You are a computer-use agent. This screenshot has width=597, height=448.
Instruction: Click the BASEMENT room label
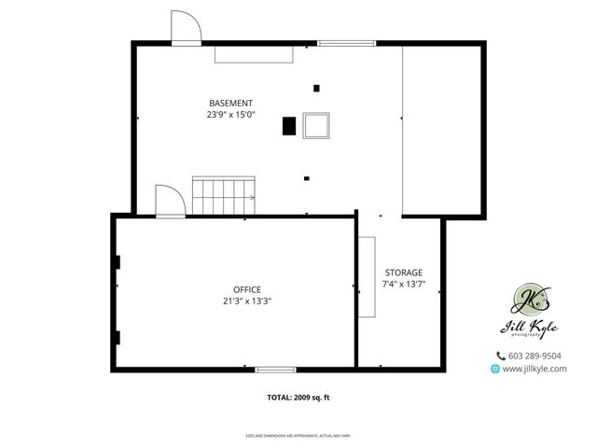coord(229,103)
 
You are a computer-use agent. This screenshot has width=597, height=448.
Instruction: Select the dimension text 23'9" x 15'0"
coord(230,115)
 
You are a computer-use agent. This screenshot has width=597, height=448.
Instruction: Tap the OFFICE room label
coord(247,289)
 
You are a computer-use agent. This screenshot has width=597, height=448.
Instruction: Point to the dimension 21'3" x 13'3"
coord(247,301)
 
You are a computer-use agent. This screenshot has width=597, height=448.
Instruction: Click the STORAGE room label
coord(403,272)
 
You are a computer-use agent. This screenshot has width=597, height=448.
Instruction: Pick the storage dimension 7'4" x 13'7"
coord(403,284)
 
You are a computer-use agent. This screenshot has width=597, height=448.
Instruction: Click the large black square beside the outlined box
coord(289,125)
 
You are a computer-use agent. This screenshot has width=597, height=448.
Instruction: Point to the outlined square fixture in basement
coord(317,124)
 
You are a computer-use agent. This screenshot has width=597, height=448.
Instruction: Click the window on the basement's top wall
coord(346,43)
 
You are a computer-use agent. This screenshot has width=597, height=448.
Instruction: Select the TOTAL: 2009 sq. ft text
coord(298,398)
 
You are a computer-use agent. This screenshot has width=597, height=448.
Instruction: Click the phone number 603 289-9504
coord(535,356)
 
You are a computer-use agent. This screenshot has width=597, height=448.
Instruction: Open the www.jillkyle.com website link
coord(535,369)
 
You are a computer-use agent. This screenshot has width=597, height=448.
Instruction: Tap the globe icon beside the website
coord(494,369)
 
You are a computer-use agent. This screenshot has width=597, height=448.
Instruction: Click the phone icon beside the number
coord(500,356)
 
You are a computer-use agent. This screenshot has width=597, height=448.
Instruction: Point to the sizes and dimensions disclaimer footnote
coord(298,435)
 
